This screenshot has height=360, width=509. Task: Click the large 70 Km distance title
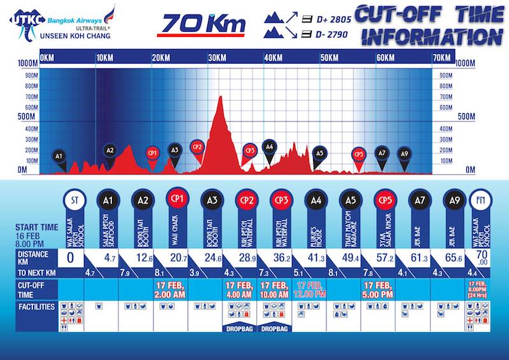click(201, 23)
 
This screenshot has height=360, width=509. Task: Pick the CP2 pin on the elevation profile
click(197, 147)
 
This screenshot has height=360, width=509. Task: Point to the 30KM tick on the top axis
click(217, 59)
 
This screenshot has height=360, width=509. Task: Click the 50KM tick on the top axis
click(329, 59)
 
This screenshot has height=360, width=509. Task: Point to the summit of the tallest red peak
click(220, 97)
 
